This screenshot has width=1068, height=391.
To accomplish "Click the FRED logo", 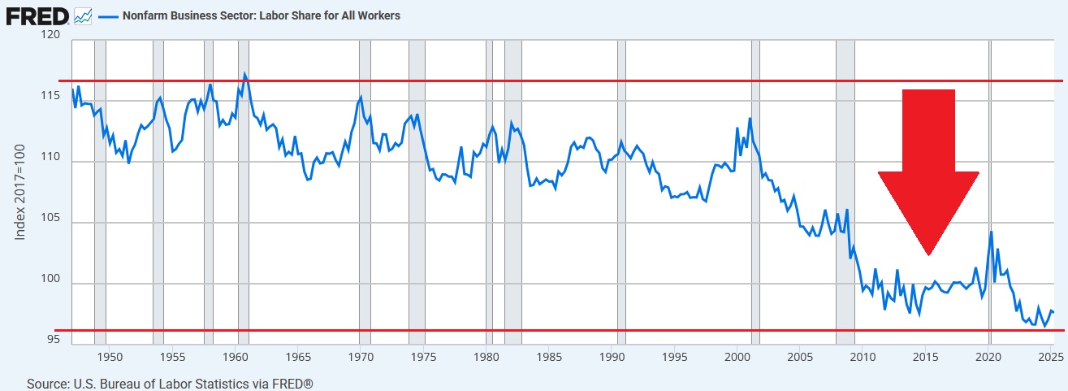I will pyautogui.click(x=37, y=15).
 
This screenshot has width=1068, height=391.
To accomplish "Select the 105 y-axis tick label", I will pyautogui.click(x=51, y=222).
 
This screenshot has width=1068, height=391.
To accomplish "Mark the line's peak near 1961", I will pyautogui.click(x=245, y=74).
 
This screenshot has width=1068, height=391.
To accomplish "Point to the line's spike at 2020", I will pyautogui.click(x=991, y=232).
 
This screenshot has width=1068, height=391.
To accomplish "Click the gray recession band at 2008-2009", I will pyautogui.click(x=845, y=203).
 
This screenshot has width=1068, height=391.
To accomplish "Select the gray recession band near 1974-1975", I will pyautogui.click(x=417, y=203).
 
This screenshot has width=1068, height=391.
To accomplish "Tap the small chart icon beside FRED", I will pyautogui.click(x=83, y=15).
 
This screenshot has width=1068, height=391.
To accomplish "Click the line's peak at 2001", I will pyautogui.click(x=750, y=119).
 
